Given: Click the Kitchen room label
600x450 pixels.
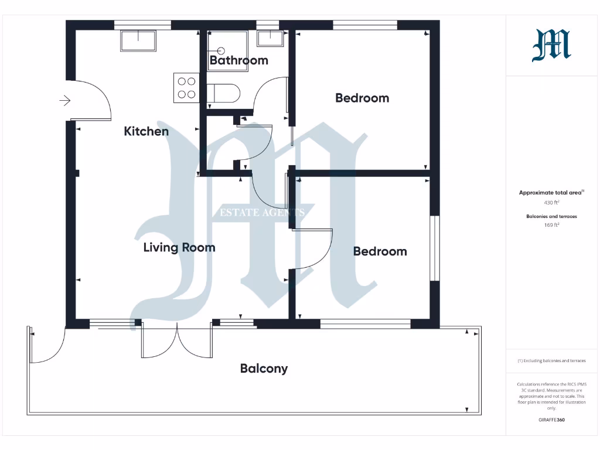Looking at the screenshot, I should pos(146,131).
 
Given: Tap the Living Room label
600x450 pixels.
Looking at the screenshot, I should pos(179,247).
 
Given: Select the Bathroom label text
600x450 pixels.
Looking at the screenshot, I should pos(238,60).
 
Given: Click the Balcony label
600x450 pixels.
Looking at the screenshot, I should pos(264,369).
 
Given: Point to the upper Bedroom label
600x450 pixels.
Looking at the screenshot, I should pos(362,98).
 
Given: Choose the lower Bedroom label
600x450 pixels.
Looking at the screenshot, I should pos(380,251).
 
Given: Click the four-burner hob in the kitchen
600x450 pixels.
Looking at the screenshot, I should pos(186,88).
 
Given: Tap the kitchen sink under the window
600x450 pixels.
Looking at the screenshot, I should pos(138,41).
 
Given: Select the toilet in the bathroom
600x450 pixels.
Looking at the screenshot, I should pos(224,93).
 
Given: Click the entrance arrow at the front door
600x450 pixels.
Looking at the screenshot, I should pos(64,101).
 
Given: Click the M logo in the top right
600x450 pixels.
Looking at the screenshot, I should pos(551,46).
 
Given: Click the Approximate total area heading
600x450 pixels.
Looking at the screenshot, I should pos(551,193).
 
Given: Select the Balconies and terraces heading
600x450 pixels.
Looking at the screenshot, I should pos(551,216).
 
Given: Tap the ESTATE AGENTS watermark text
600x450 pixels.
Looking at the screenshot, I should pos(262,212).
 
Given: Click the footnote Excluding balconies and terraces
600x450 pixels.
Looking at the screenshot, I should pos(551,361).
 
